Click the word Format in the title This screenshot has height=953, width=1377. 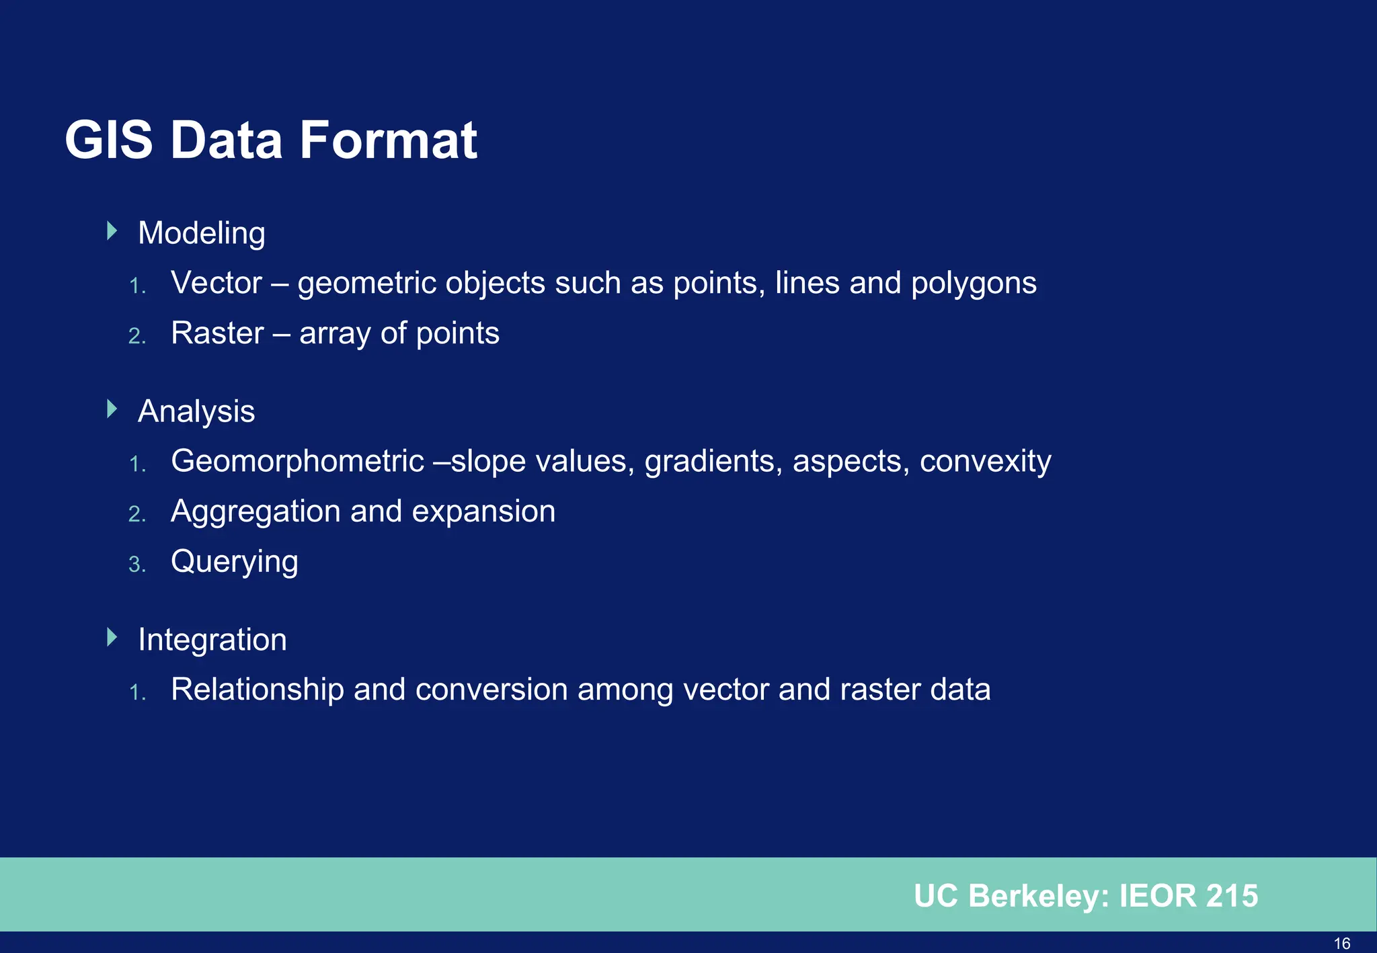click(388, 140)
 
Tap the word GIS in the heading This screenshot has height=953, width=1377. click(109, 140)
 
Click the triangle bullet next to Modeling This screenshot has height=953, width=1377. click(112, 231)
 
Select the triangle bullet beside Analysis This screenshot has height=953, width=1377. click(112, 409)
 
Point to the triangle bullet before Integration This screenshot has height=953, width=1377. click(112, 637)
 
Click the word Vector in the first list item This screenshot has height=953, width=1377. click(216, 283)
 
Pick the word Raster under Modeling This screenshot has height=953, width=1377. click(217, 333)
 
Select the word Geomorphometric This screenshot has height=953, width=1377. click(297, 462)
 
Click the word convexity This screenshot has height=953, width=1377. click(985, 462)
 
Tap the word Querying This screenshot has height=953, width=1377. click(234, 563)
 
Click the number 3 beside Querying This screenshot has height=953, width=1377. click(136, 565)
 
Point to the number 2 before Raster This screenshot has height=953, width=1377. click(136, 336)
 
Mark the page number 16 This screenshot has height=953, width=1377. click(1341, 944)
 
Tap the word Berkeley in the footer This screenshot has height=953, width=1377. click(1039, 896)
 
